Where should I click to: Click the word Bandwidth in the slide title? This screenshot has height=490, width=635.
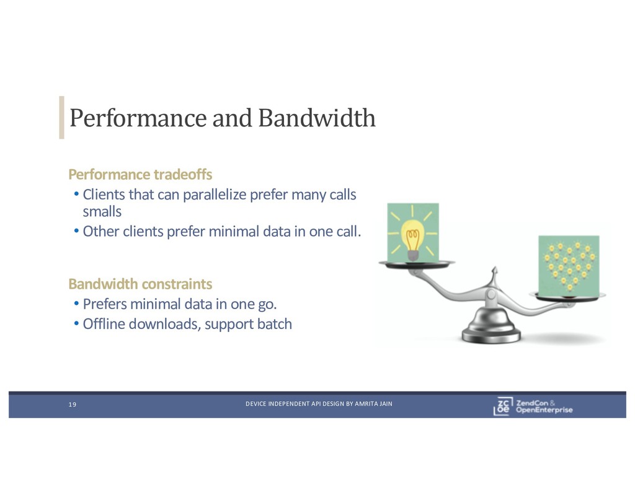coord(316,117)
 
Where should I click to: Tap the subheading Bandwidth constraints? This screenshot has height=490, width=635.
coord(140,284)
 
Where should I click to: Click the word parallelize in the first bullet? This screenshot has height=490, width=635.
coord(215,195)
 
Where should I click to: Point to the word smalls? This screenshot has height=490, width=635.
coord(102,211)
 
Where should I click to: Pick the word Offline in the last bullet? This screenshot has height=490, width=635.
coord(104,324)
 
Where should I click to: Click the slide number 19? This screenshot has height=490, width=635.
coord(72,405)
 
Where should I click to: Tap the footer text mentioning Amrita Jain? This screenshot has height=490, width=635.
coord(319,405)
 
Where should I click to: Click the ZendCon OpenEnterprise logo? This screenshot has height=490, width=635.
coord(533,405)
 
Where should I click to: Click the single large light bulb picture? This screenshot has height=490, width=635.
coord(412,232)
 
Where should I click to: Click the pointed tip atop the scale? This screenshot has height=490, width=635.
coord(494,270)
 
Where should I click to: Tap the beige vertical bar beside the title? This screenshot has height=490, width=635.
coord(61,117)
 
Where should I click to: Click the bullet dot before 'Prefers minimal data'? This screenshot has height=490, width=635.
coord(76,304)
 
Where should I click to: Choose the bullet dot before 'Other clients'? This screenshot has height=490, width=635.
coord(76,232)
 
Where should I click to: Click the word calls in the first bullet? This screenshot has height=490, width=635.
coord(342,195)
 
